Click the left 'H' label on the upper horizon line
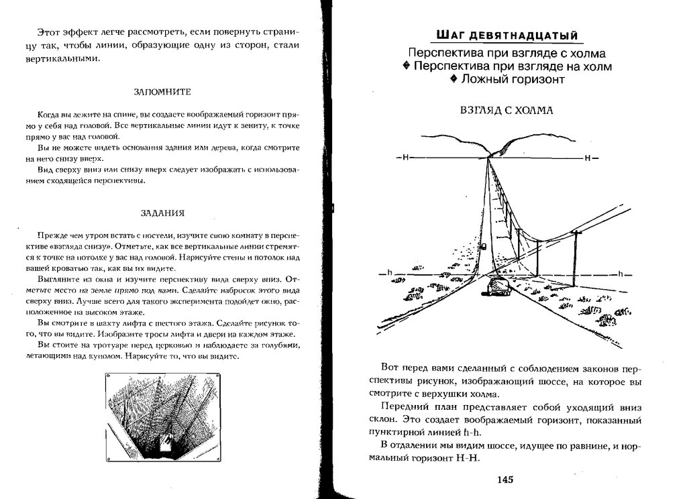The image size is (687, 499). click(x=406, y=158)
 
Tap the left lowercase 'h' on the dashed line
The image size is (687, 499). click(x=388, y=274)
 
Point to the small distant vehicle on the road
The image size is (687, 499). click(x=484, y=245)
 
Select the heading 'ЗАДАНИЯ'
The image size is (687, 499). click(x=162, y=213)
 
